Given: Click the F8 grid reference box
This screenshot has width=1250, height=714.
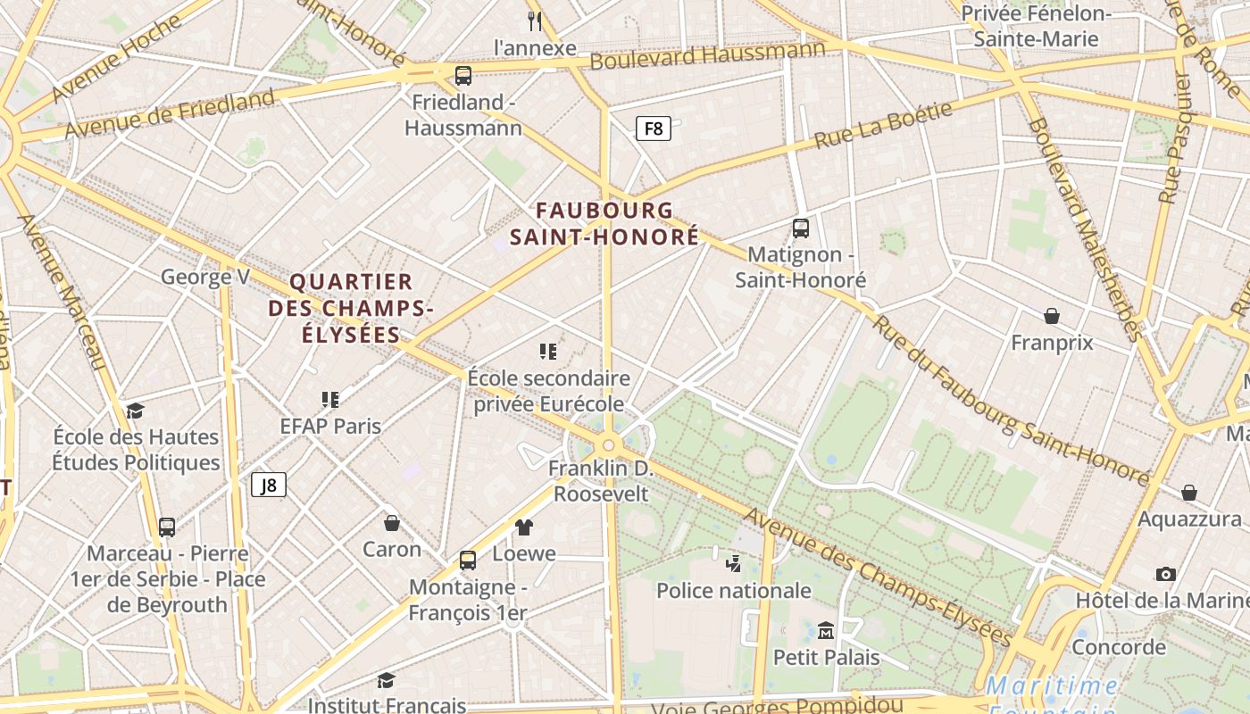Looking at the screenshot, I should (x=654, y=129).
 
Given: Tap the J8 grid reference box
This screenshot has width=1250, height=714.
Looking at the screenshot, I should (x=269, y=485).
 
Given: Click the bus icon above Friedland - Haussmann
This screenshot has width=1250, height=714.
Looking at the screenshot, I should (x=462, y=76).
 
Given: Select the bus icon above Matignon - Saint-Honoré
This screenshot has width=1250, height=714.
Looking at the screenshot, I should (x=801, y=228).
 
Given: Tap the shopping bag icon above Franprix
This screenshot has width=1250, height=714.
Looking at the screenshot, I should (x=1052, y=316).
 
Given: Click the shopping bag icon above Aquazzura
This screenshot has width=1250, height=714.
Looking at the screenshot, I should (x=1189, y=493).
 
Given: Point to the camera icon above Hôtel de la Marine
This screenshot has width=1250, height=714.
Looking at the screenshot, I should (x=1165, y=574).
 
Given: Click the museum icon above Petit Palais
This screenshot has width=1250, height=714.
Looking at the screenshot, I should (x=826, y=631).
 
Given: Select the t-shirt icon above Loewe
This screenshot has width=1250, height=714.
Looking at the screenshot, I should (x=523, y=527).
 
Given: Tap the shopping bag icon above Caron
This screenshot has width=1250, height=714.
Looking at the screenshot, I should (x=391, y=523).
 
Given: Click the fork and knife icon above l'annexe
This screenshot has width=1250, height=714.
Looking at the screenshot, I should (x=535, y=21).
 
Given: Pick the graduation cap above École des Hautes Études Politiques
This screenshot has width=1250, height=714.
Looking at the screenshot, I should (x=135, y=411).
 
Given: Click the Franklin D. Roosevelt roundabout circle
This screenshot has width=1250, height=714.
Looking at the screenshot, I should (x=609, y=444).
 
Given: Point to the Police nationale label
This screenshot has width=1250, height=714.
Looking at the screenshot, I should (x=734, y=591).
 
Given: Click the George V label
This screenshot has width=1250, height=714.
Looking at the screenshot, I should (x=205, y=277).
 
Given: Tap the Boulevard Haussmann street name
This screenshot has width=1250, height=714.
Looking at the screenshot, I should (x=707, y=54).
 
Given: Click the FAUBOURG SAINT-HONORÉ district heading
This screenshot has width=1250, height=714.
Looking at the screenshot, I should (x=604, y=224).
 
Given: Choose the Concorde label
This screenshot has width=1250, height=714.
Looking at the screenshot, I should (x=1119, y=647).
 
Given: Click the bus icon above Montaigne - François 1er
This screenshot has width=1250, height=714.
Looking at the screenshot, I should (x=468, y=560).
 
